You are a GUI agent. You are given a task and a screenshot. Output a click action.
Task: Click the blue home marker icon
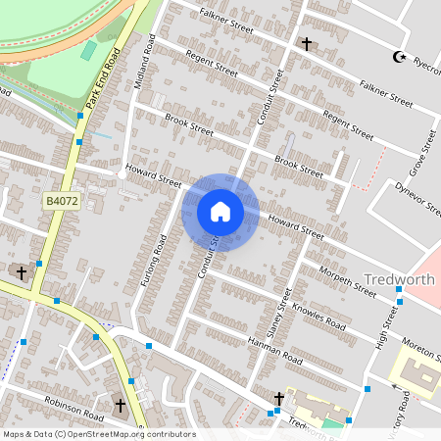220,212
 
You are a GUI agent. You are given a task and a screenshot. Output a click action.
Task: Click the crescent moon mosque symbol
399,57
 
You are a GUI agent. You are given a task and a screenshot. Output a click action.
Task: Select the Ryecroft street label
426,65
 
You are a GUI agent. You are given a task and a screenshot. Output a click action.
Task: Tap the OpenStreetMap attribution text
98,434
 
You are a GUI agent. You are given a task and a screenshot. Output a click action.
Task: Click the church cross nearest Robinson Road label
121,404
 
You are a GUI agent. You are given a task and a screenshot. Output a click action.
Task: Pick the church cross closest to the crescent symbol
307,44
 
